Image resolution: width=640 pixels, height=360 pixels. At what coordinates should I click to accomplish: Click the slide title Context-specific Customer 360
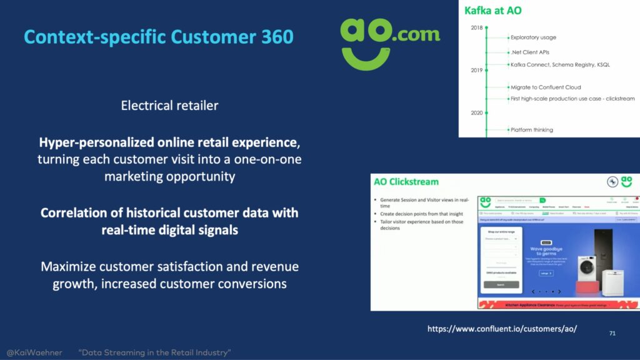point(158,37)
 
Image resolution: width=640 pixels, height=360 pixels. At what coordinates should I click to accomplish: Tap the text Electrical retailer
point(169,105)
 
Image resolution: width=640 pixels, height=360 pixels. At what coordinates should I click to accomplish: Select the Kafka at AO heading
point(493,11)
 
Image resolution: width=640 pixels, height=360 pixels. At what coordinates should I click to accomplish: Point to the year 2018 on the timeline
point(476,27)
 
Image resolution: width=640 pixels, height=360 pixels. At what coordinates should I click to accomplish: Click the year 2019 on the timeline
point(476,70)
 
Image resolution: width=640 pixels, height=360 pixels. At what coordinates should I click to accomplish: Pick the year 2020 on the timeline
point(476,113)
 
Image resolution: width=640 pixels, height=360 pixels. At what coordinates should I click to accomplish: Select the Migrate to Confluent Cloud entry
point(545,87)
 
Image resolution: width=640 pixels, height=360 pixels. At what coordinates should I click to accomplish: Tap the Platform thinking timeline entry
point(532,130)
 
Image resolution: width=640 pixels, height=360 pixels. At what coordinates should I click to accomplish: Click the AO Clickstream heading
point(406,182)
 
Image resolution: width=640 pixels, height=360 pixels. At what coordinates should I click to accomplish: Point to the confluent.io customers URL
point(502,329)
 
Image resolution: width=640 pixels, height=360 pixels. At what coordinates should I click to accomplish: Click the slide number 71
point(612,334)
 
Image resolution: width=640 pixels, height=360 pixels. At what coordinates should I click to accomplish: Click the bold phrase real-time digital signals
point(169,230)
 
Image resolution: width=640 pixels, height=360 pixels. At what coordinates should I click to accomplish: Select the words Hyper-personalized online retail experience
point(169,143)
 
